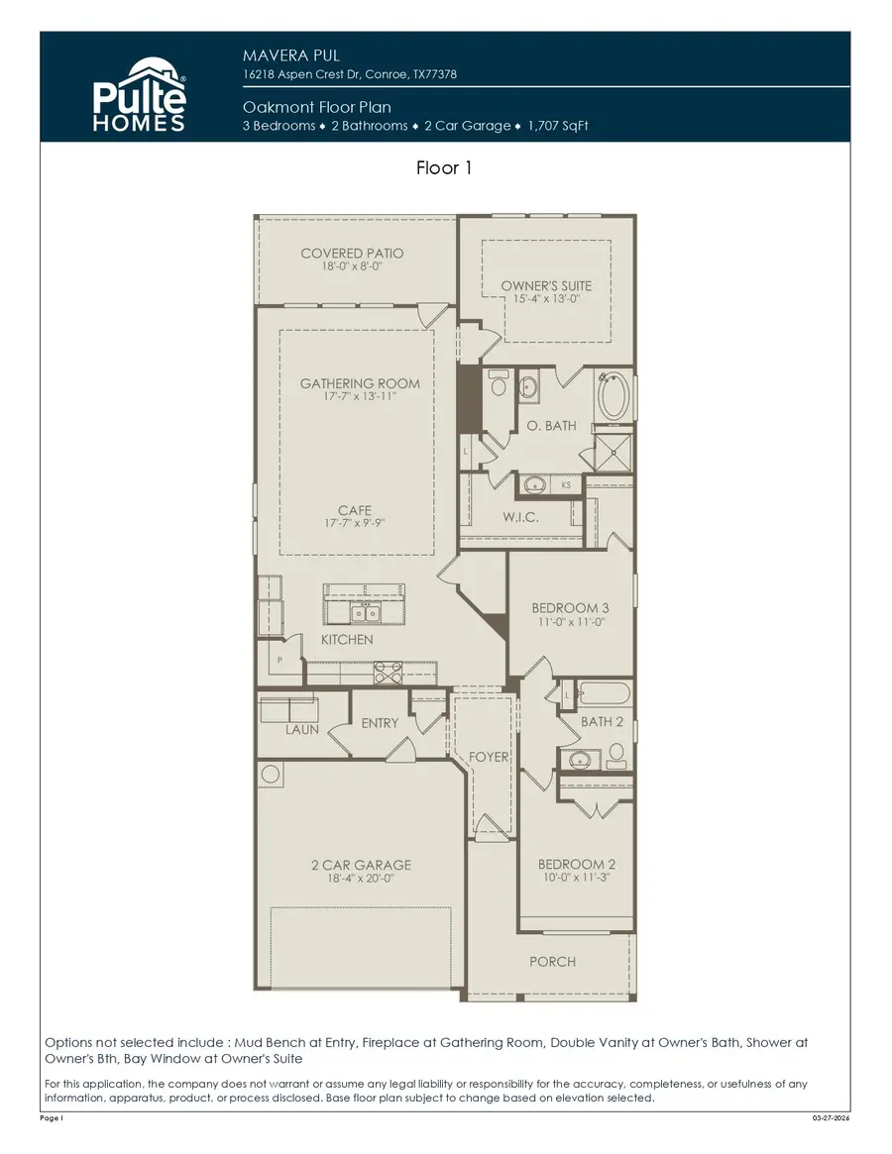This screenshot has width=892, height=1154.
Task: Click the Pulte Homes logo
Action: click(139, 93)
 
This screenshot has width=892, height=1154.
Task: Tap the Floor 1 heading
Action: click(444, 168)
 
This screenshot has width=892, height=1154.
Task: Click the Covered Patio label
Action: click(352, 254)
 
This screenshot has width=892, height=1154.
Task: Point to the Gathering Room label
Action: click(360, 383)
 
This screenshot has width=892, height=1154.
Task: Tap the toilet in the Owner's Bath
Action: click(499, 382)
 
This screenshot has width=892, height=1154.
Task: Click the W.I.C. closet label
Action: click(520, 517)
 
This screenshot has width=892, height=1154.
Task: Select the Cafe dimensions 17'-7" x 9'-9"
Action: click(354, 524)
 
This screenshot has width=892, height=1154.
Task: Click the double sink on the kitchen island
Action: click(366, 611)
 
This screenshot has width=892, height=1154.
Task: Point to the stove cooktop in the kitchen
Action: click(387, 674)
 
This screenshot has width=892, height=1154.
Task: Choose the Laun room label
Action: click(301, 729)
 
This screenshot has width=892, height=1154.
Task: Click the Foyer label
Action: click(489, 757)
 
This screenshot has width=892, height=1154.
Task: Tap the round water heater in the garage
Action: click(271, 774)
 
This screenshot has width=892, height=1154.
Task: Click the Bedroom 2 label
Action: click(577, 864)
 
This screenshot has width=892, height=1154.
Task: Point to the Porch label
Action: click(552, 961)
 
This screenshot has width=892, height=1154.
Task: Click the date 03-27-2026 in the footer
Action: click(830, 1117)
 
